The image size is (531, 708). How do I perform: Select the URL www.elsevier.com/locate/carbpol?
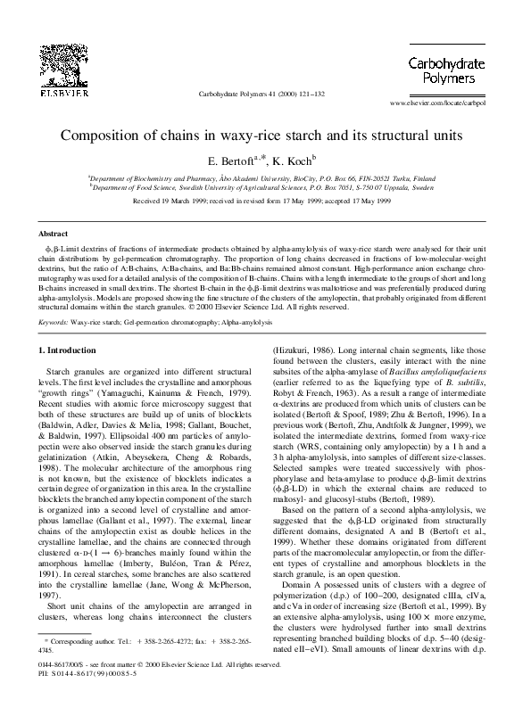pyautogui.click(x=458, y=103)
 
